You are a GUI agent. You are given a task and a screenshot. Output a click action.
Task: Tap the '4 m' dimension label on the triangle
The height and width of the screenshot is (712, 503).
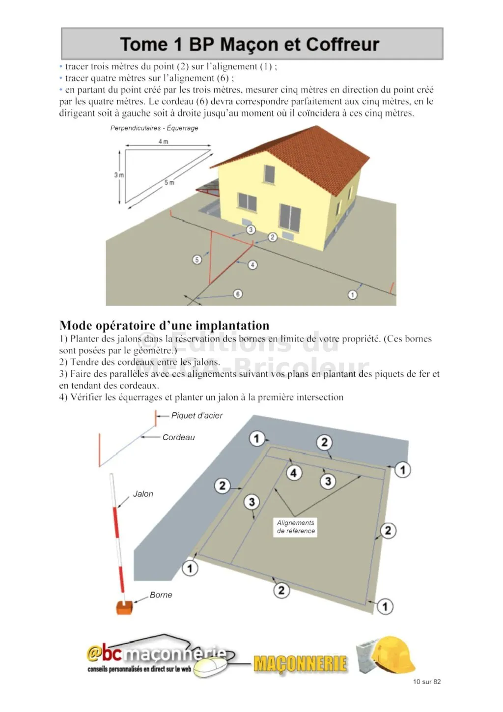[163, 142]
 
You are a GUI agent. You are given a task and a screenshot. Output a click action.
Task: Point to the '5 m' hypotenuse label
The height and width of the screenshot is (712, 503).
[169, 182]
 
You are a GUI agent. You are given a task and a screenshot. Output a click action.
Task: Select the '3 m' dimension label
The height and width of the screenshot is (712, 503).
[119, 175]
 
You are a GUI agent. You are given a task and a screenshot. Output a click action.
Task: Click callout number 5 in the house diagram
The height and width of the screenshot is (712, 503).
[197, 259]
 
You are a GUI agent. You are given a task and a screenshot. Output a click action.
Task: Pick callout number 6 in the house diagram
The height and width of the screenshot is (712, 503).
[238, 294]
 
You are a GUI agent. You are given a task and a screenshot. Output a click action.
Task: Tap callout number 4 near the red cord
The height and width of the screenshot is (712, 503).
[252, 265]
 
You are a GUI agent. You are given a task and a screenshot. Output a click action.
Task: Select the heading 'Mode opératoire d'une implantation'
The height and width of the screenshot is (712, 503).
[164, 325]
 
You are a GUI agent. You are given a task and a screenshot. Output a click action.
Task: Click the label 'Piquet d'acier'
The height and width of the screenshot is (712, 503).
[196, 416]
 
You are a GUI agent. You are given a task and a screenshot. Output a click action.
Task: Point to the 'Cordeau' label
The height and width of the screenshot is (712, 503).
[178, 437]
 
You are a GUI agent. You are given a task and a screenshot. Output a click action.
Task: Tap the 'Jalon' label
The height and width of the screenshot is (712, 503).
[143, 494]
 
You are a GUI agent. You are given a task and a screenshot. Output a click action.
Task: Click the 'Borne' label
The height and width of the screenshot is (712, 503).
[161, 595]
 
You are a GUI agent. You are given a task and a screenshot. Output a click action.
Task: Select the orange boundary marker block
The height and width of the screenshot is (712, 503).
[124, 607]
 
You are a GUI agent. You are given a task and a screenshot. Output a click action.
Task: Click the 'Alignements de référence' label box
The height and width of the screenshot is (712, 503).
[295, 527]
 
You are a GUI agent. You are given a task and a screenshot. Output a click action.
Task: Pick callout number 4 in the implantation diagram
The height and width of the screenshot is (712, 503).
[293, 473]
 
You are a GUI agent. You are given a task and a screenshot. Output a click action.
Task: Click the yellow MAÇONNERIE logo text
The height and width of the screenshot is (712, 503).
[300, 664]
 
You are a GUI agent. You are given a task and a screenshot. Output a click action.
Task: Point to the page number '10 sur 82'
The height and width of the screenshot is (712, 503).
[426, 682]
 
